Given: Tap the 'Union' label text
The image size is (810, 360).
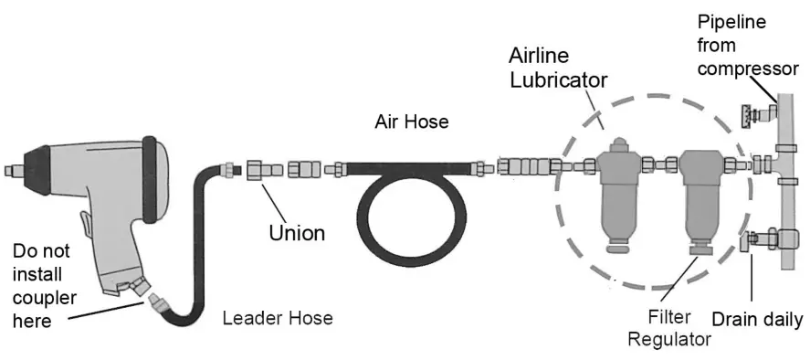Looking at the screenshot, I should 296,232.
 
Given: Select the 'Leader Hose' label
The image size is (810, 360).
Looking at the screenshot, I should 278,318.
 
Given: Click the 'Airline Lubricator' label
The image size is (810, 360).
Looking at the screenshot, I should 558,67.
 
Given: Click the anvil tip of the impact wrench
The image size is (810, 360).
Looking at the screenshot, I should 11,170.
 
